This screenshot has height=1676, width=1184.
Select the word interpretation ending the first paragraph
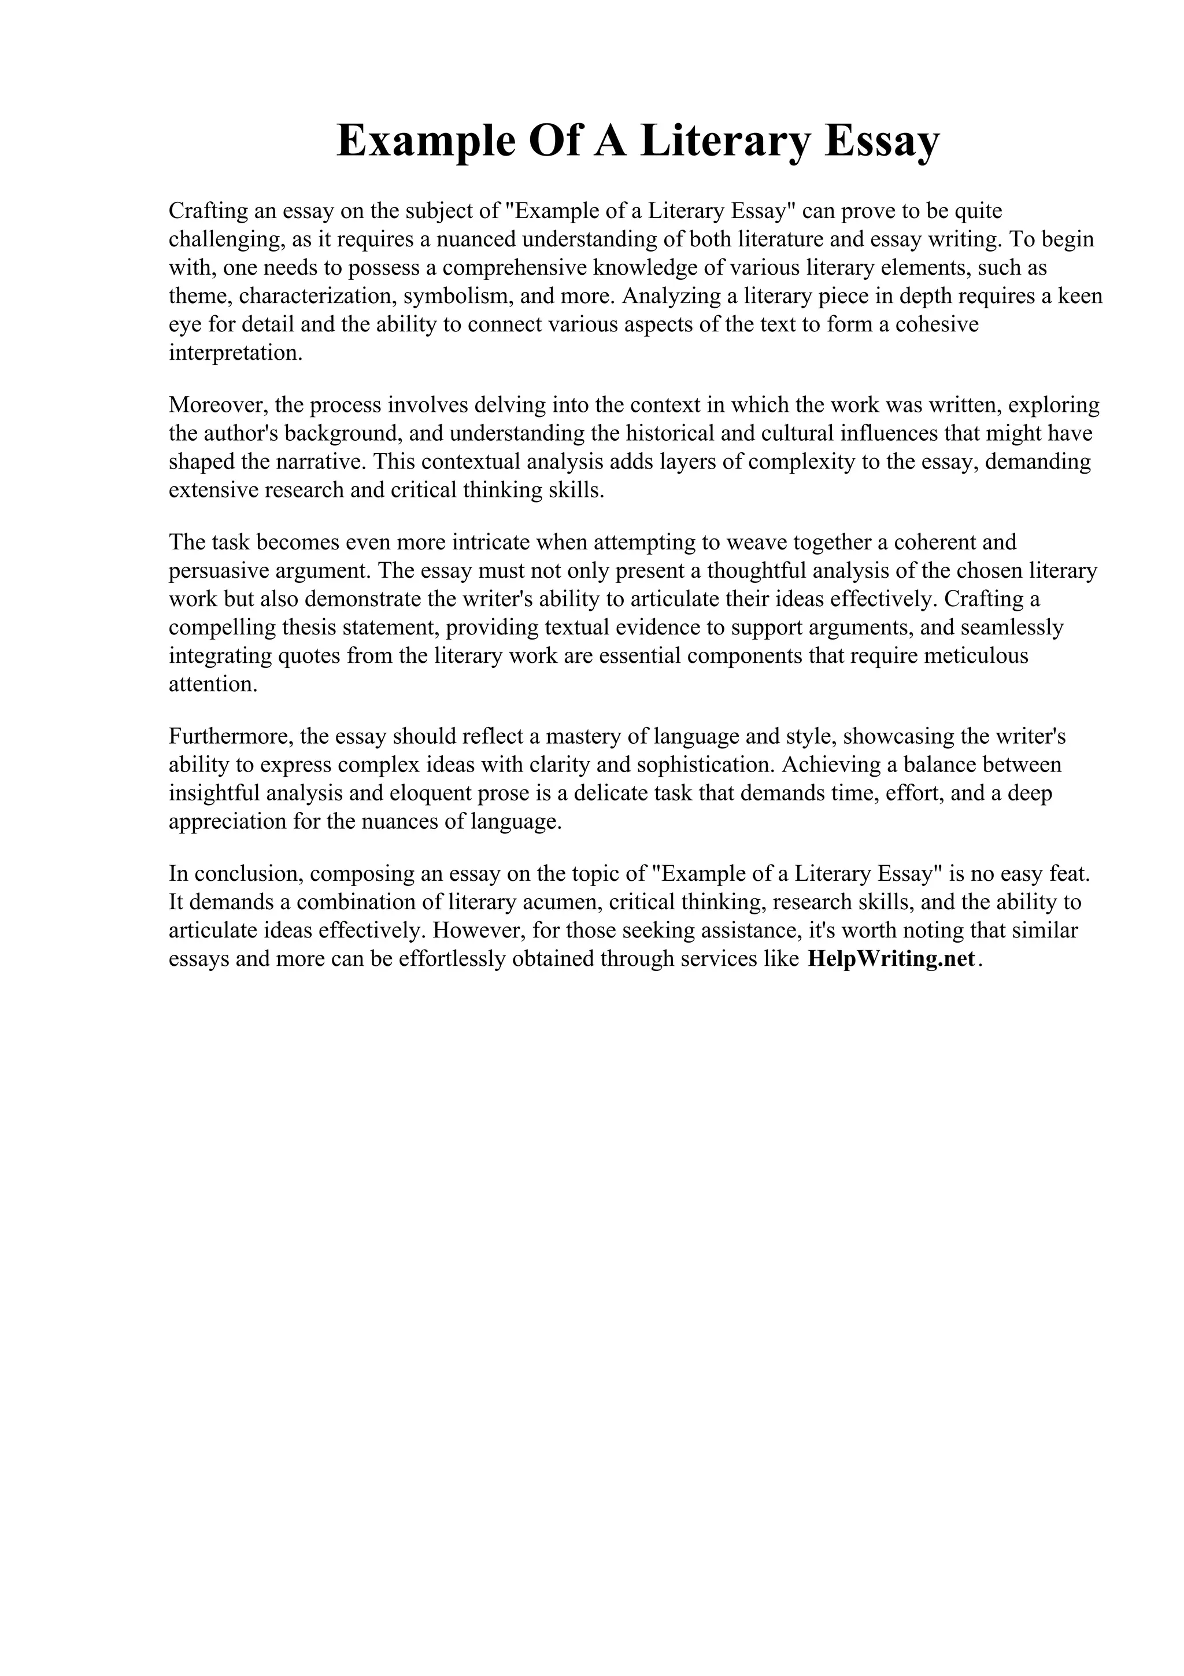pyautogui.click(x=234, y=353)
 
